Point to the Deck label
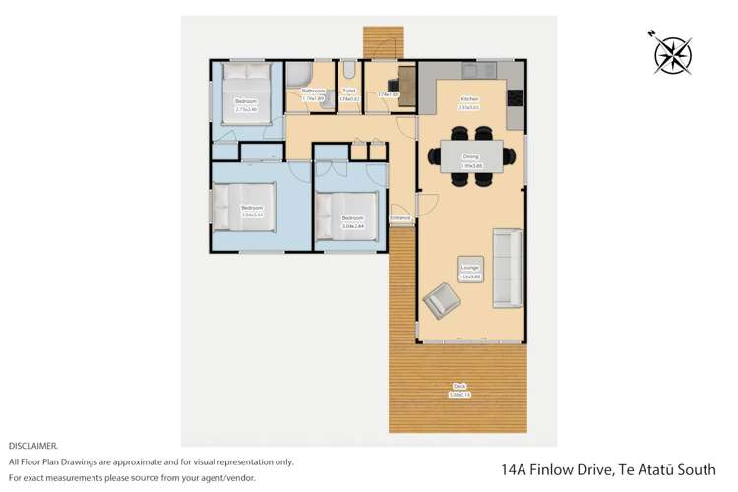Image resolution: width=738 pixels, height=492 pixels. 459,387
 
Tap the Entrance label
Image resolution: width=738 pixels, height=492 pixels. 400,217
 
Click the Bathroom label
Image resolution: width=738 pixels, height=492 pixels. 313,90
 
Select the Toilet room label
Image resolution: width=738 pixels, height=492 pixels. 349,90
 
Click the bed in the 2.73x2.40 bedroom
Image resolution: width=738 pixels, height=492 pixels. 245,92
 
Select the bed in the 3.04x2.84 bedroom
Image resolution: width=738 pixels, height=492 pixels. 345,215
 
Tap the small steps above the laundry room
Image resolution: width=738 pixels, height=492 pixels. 383,40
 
